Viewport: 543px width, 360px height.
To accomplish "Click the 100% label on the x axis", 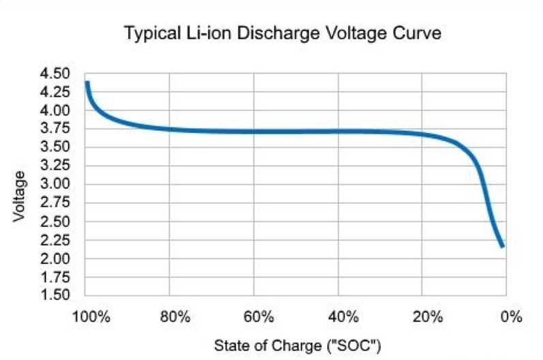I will tap(91, 317).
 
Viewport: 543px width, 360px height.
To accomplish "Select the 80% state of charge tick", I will tap(175, 317).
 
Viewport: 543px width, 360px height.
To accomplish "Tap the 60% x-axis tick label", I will tap(259, 317).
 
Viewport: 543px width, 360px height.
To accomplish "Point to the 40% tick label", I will tap(343, 317).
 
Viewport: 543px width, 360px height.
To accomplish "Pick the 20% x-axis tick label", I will tap(427, 317).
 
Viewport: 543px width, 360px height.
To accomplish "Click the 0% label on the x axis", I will tap(510, 317).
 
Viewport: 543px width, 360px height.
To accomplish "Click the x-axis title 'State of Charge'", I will tap(297, 345).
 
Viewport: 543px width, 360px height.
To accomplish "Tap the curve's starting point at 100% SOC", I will tap(87, 83).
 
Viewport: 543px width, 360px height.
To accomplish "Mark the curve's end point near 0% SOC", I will tap(502, 245).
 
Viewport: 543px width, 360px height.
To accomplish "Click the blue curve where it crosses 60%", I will tap(254, 131).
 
